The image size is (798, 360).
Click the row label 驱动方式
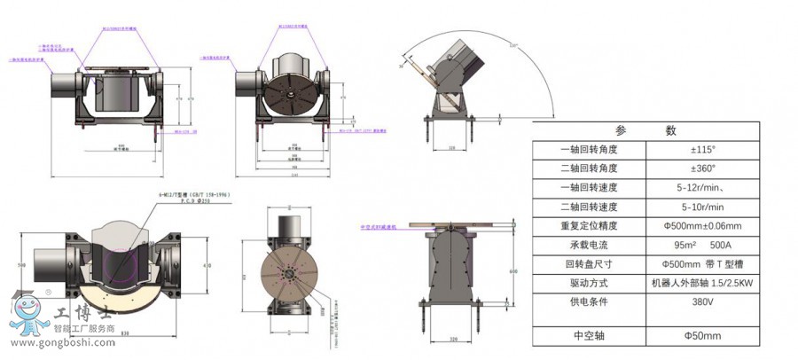click(589, 283)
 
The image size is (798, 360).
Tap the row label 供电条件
click(589, 301)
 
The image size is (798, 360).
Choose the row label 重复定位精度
click(589, 225)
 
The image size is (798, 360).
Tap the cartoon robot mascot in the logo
click(26, 310)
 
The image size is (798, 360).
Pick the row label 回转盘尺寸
click(589, 263)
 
